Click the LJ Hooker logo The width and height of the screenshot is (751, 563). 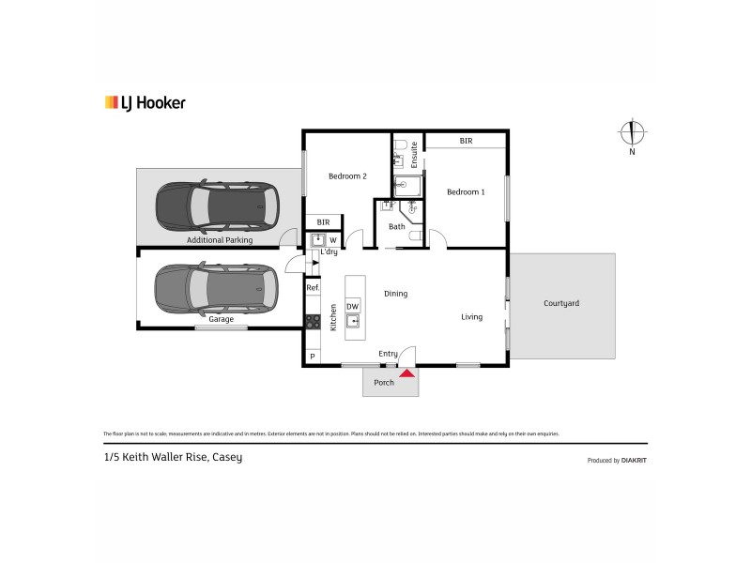[144, 103]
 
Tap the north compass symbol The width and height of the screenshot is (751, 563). [633, 133]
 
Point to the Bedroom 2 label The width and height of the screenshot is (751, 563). [346, 175]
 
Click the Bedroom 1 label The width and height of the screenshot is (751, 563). [465, 192]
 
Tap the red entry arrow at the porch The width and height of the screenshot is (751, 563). [406, 373]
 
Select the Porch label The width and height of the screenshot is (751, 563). [384, 383]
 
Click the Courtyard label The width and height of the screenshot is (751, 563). [561, 303]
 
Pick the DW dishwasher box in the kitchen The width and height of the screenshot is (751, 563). [352, 306]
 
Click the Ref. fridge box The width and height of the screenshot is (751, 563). [312, 288]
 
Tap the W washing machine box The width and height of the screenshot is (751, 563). [332, 240]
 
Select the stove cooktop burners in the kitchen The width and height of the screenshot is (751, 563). [312, 321]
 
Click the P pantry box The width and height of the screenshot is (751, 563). [312, 357]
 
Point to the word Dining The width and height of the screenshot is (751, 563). [395, 294]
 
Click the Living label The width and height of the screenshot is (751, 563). [471, 317]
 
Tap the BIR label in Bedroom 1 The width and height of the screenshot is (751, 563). [466, 141]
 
